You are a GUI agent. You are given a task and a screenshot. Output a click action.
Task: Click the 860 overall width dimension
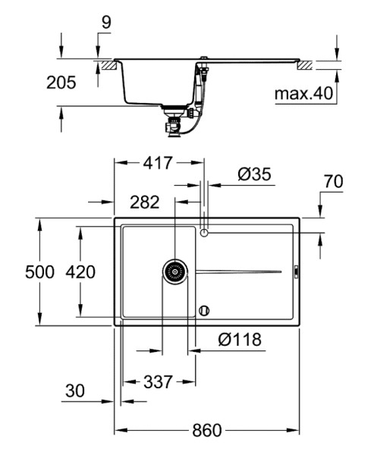(207, 431)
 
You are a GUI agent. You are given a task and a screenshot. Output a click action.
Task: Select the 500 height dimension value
(39, 272)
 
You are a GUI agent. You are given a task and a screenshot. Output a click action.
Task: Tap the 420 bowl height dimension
(80, 272)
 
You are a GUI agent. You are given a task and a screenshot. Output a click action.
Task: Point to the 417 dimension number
(158, 163)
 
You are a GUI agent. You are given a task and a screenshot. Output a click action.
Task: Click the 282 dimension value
(145, 202)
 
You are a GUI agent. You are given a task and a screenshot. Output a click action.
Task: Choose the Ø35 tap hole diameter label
(254, 174)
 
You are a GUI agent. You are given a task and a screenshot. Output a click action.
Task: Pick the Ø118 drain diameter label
(240, 339)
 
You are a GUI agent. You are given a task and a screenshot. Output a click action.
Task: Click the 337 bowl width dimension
(159, 382)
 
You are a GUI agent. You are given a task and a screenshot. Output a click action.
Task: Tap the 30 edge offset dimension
(75, 391)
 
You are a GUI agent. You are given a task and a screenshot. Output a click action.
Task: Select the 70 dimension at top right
(334, 181)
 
